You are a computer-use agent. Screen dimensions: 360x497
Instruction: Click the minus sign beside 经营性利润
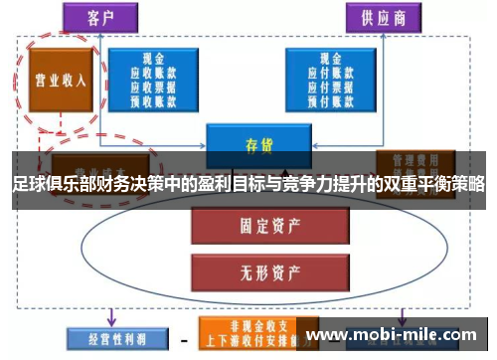(x=182, y=338)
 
